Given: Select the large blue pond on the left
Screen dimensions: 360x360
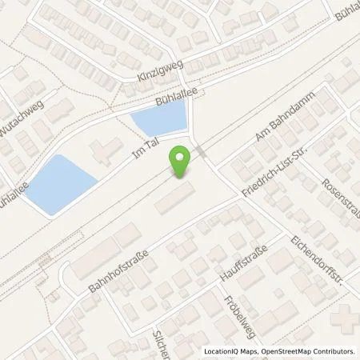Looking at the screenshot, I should click(57, 184).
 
